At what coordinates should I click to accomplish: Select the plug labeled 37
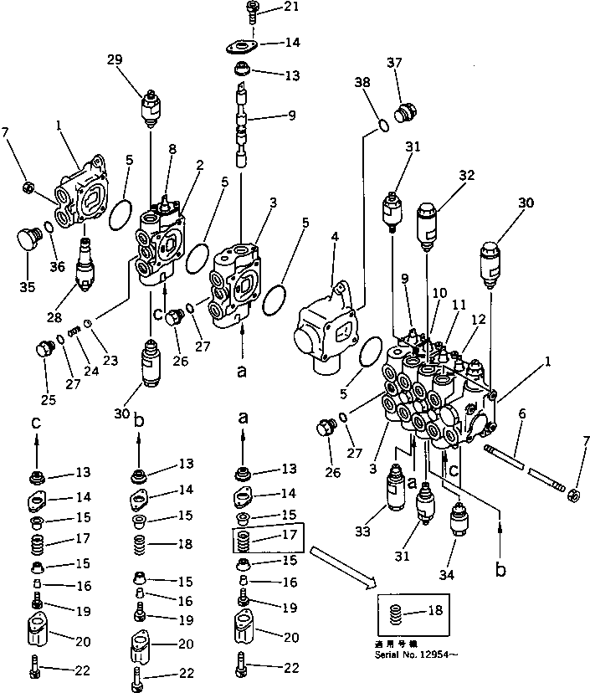click(408, 111)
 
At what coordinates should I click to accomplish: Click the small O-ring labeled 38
click(382, 126)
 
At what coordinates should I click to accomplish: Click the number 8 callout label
click(172, 150)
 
